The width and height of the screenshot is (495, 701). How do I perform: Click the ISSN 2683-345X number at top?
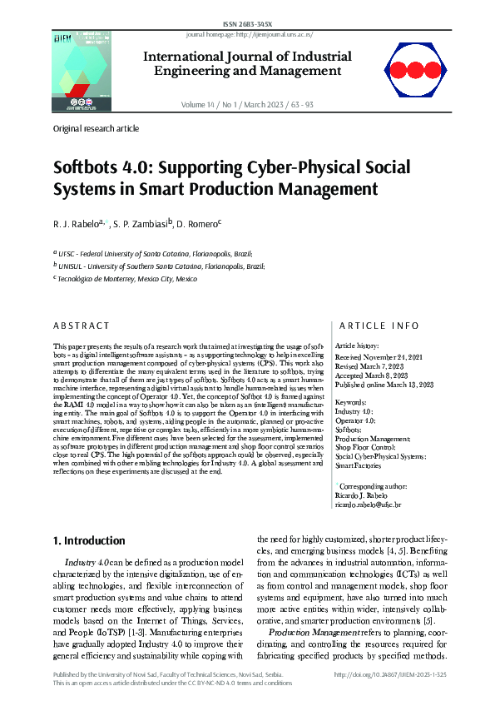248,25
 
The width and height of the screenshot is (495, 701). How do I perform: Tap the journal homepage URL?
249,35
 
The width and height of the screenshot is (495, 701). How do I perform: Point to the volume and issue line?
247,104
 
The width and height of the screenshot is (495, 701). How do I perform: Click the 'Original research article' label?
96,129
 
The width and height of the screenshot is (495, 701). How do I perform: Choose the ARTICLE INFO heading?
369,326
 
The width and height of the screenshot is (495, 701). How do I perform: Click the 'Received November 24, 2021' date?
382,355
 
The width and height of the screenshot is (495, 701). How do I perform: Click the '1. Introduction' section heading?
89,541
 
